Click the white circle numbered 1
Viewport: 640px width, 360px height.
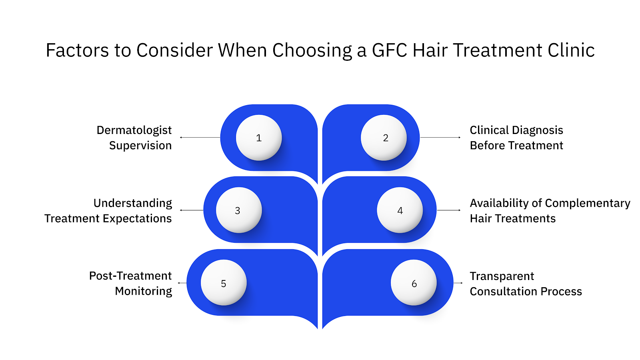pyautogui.click(x=259, y=138)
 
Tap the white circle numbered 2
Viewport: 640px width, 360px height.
pyautogui.click(x=384, y=138)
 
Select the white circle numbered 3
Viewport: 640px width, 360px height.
pyautogui.click(x=239, y=210)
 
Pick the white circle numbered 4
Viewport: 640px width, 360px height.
pyautogui.click(x=400, y=210)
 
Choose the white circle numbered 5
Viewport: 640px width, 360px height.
pyautogui.click(x=224, y=283)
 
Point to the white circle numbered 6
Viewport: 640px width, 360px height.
pyautogui.click(x=414, y=283)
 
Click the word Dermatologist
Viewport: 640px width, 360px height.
pyautogui.click(x=134, y=130)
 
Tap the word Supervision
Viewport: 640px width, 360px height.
pyautogui.click(x=140, y=146)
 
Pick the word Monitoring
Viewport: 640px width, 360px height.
pyautogui.click(x=143, y=291)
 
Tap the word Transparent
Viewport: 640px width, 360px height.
pyautogui.click(x=502, y=276)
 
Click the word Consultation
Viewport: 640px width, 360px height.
pyautogui.click(x=503, y=292)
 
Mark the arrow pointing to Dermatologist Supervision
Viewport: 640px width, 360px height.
pyautogui.click(x=200, y=137)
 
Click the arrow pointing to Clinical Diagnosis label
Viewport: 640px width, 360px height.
pyautogui.click(x=440, y=137)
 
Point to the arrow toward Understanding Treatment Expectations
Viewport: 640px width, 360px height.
pyautogui.click(x=192, y=210)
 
